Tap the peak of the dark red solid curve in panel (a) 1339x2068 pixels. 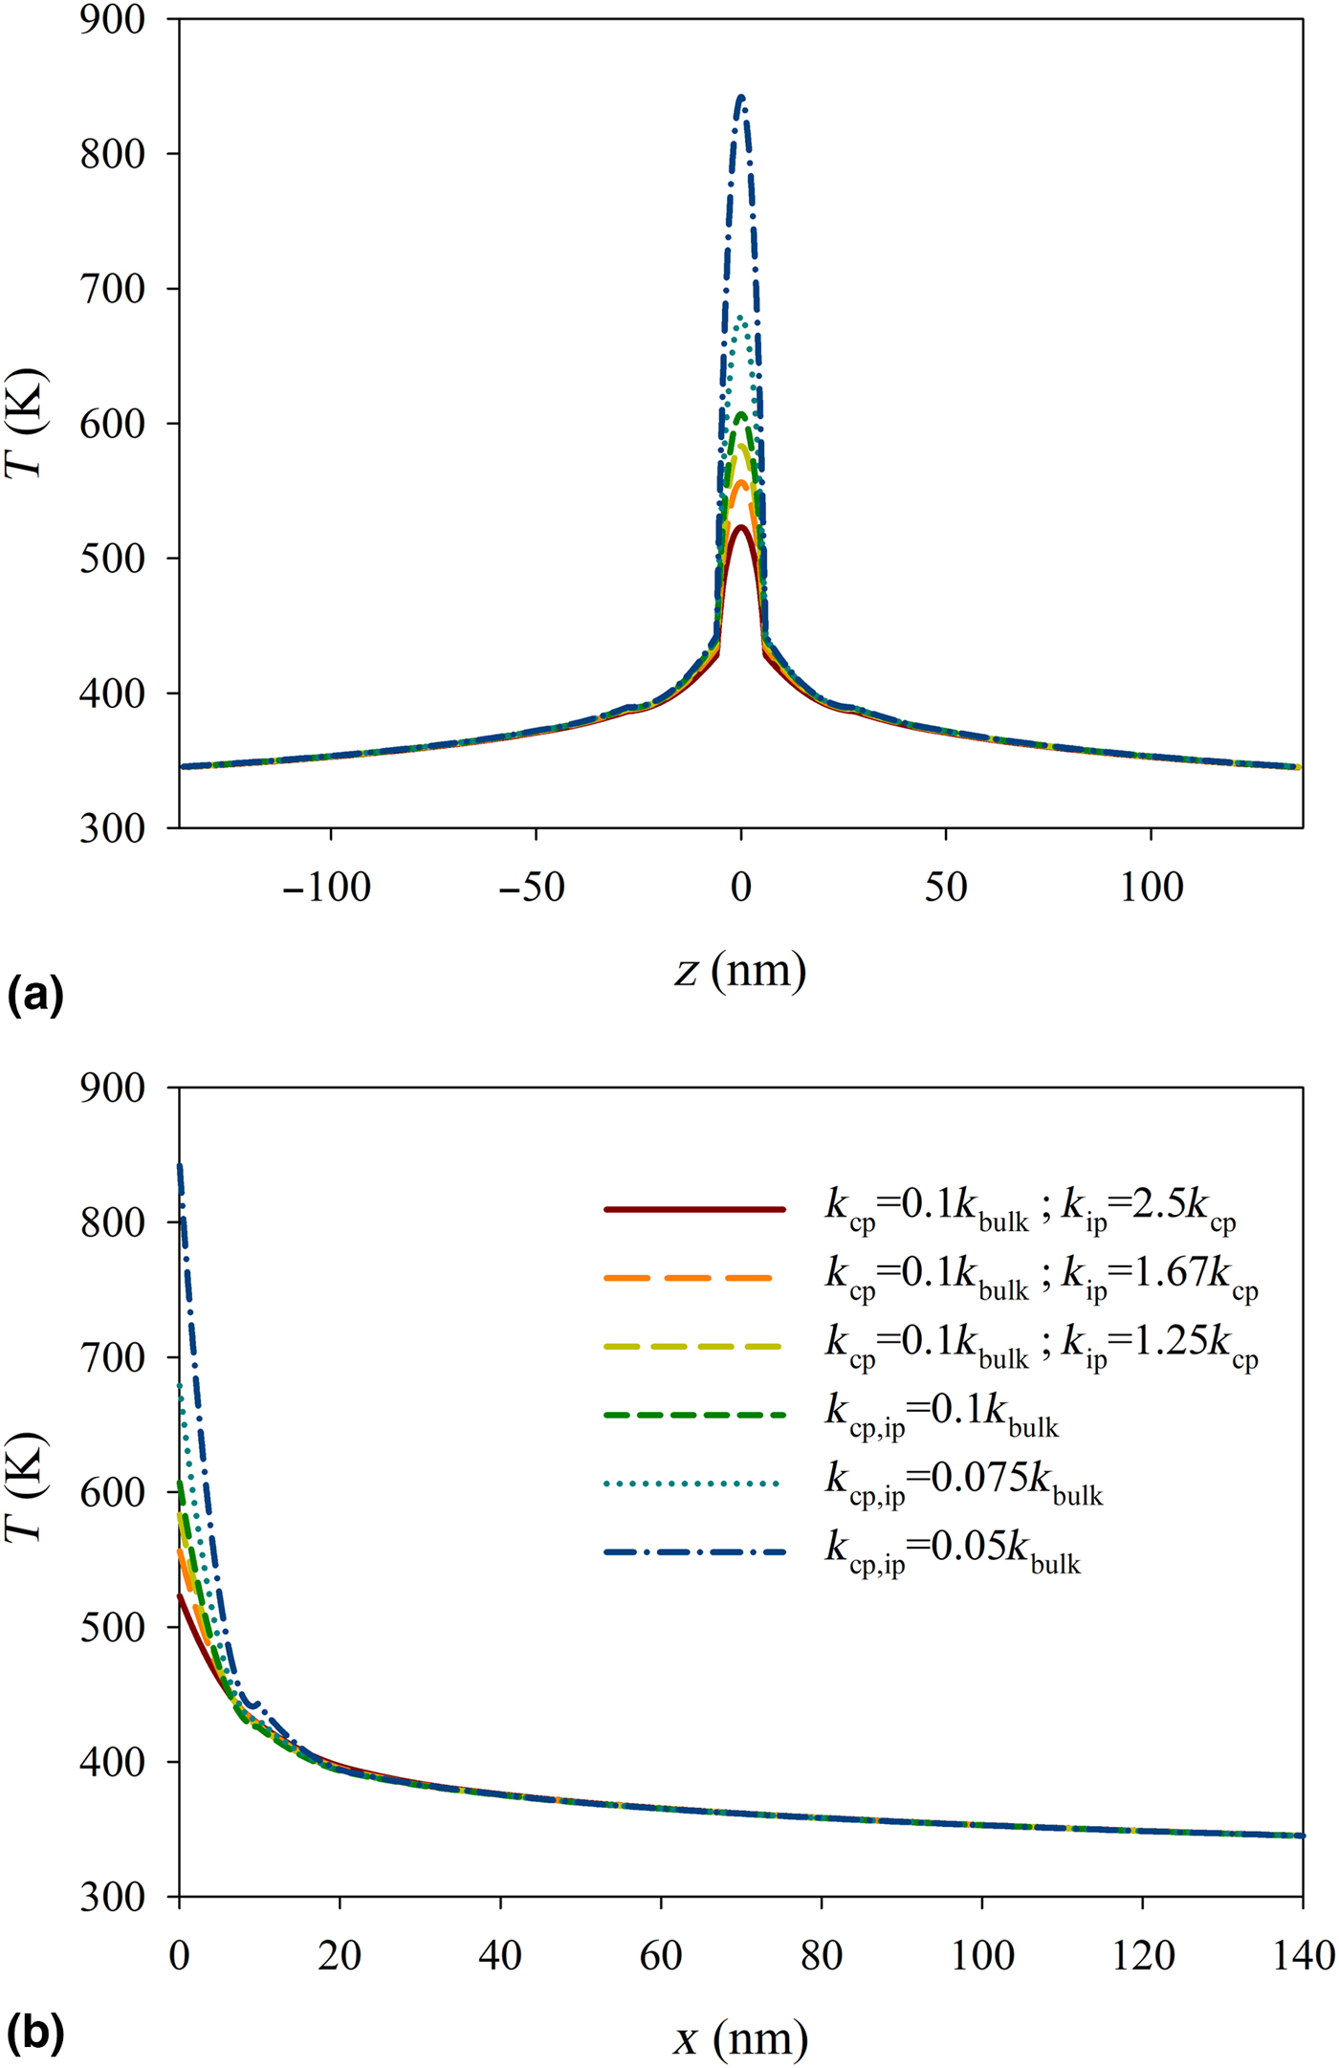click(x=741, y=526)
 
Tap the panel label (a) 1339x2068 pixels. click(x=35, y=997)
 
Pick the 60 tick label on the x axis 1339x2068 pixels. click(x=661, y=1956)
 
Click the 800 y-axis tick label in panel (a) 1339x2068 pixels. click(x=112, y=154)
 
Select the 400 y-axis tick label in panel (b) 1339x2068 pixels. click(x=112, y=1762)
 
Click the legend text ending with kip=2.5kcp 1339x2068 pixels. click(x=1030, y=1211)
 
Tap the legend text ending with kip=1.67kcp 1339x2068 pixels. click(x=1041, y=1278)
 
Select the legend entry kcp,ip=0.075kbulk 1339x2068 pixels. click(x=963, y=1485)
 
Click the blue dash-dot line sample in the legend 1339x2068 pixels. click(x=694, y=1551)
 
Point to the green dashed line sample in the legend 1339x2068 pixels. click(x=694, y=1415)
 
